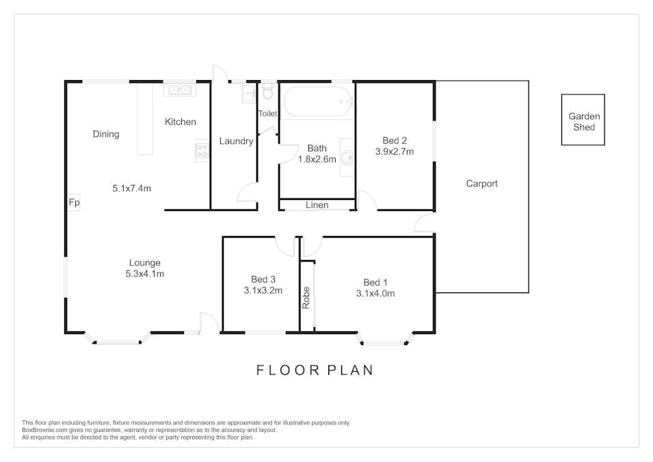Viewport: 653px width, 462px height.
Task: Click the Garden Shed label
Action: point(584,122)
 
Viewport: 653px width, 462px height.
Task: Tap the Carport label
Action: point(482,183)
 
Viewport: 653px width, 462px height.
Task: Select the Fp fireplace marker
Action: point(74,203)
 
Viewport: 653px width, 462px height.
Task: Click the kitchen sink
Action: point(180,90)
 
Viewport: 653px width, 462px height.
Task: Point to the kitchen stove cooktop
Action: point(202,151)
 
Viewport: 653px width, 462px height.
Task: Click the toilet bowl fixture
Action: point(268,92)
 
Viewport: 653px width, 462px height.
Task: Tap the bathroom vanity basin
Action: point(347,157)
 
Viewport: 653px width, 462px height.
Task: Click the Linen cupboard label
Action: point(317,205)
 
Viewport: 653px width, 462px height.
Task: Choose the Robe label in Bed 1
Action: point(306,298)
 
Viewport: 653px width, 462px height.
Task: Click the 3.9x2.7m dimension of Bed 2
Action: point(395,152)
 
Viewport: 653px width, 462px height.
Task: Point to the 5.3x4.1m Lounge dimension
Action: point(144,274)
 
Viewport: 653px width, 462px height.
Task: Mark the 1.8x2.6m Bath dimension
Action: point(317,159)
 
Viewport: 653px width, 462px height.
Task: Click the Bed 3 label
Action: point(263,279)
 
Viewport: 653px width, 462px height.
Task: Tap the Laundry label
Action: point(236,142)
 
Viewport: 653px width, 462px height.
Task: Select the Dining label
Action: point(106,134)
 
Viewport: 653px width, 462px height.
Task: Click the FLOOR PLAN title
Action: point(315,370)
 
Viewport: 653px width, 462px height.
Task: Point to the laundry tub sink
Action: point(249,93)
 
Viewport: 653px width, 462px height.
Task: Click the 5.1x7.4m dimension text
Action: point(131,188)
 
